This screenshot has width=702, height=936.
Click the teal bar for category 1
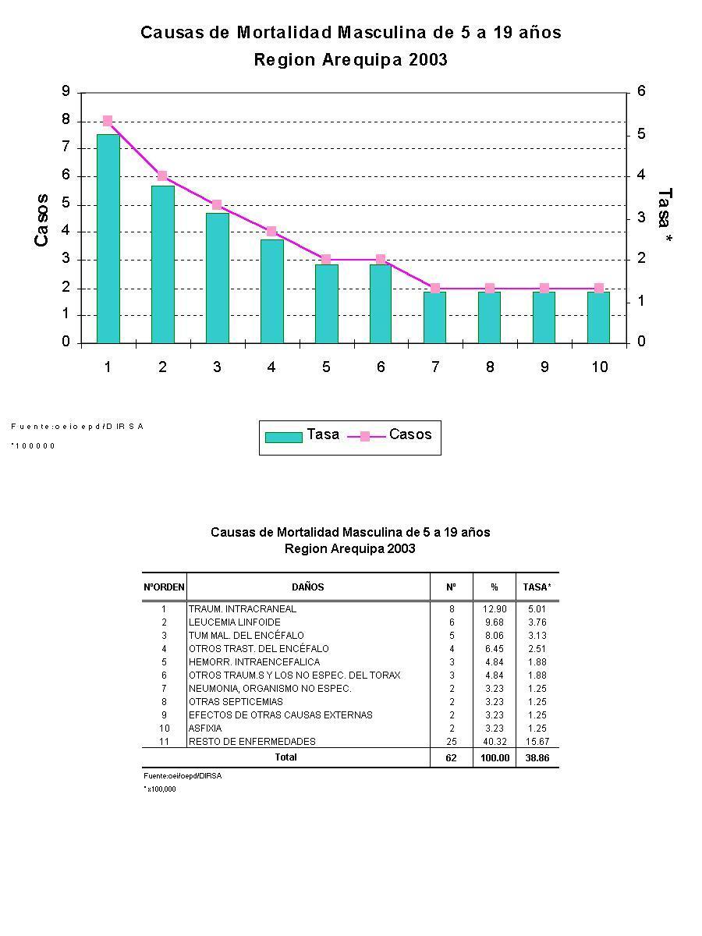coord(108,239)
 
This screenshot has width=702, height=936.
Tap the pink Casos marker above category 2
coord(162,175)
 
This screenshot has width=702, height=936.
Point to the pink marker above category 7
coord(435,289)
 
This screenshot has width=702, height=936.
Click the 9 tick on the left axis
coord(66,92)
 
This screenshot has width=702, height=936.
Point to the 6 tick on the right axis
coord(641,92)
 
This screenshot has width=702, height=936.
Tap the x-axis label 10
coord(599,367)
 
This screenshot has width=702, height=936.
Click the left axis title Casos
coord(41,221)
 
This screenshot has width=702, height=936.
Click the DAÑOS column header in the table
coord(307,587)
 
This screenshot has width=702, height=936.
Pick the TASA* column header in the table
coord(537,587)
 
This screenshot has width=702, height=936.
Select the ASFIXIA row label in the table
coord(205,729)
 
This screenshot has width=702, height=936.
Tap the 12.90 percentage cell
coord(495,609)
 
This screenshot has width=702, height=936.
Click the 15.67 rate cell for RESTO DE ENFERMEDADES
coord(537,742)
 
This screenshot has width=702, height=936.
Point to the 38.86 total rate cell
coord(537,758)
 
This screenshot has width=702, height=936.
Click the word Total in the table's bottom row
coord(285,757)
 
